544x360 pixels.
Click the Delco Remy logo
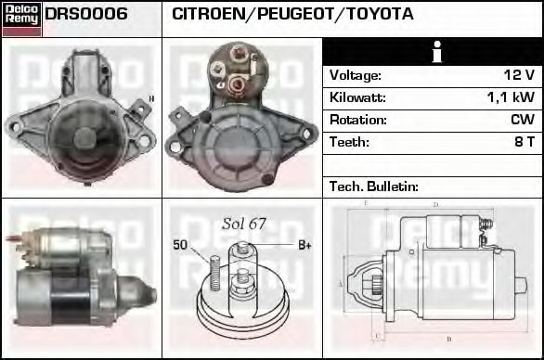click(21, 18)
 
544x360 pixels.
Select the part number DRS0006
click(86, 15)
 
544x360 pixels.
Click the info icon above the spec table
click(434, 52)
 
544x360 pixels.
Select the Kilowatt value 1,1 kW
click(511, 97)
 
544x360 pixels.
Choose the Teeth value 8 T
click(524, 143)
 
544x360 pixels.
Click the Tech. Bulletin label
click(373, 186)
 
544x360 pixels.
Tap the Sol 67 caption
click(244, 225)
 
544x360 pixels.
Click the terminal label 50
click(180, 245)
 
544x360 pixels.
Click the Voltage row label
click(356, 75)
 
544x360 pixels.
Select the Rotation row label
click(357, 120)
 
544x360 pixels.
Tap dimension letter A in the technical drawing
click(341, 283)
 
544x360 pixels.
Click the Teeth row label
click(349, 143)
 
